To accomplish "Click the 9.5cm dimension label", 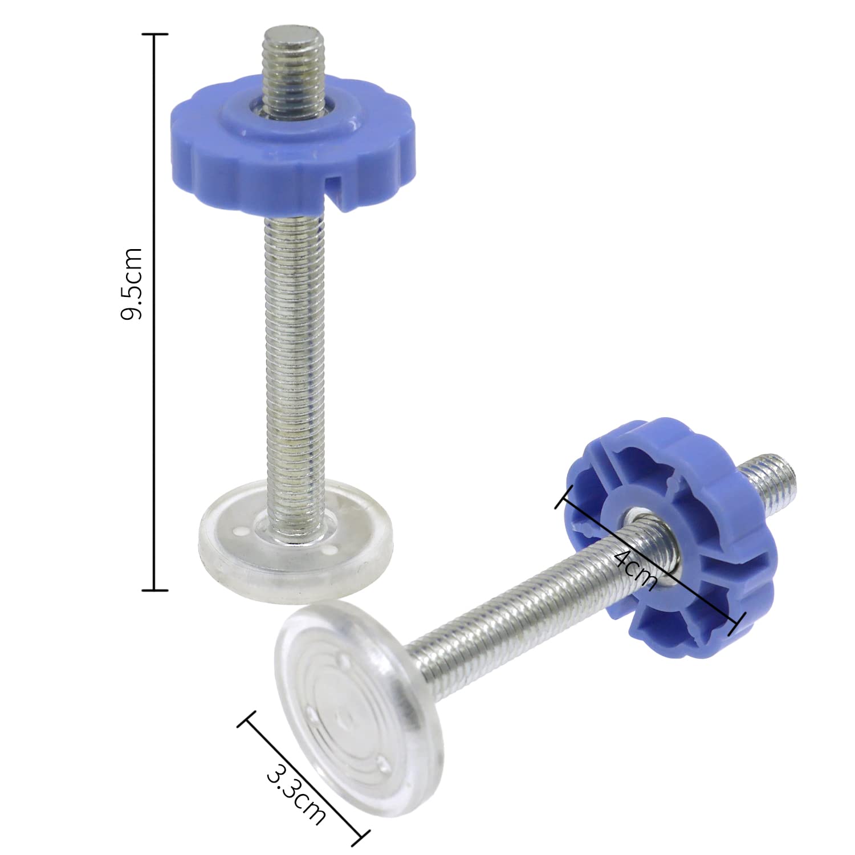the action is (132, 283).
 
